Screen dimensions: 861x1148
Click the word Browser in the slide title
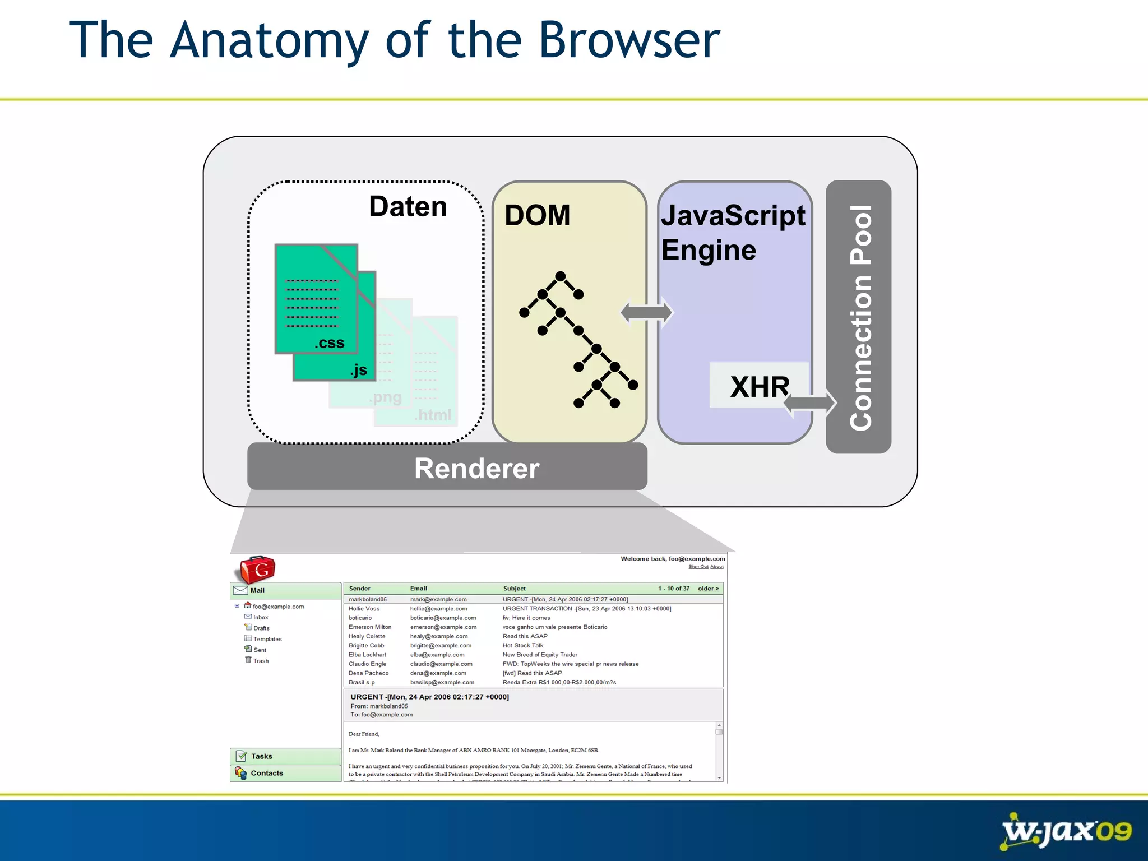point(629,40)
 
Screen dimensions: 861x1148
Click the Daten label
point(408,206)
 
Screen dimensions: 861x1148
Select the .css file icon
point(316,299)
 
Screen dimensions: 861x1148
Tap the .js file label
point(359,370)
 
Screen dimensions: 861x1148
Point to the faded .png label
point(386,397)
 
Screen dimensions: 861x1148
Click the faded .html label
point(433,415)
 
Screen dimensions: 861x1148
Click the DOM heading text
point(537,215)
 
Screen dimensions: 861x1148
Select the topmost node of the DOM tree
point(560,276)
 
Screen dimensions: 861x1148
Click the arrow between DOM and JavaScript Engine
point(646,312)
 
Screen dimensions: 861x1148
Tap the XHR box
point(759,386)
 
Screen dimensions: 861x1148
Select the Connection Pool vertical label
point(860,317)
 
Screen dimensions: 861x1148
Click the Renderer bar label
point(476,468)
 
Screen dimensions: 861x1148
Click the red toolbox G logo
point(257,570)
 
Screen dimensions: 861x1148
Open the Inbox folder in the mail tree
point(261,617)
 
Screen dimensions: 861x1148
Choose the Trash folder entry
point(261,661)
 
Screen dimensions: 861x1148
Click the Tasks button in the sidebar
point(261,756)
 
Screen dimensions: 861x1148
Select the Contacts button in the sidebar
point(266,773)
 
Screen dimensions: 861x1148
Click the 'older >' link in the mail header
point(708,589)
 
